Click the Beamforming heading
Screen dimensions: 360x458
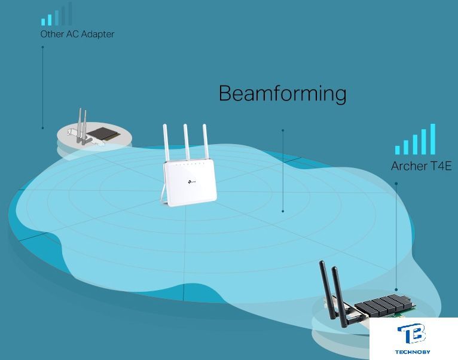282,94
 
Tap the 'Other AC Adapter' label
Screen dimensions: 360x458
77,34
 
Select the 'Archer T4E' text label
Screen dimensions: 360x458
418,166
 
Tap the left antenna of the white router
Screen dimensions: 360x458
167,143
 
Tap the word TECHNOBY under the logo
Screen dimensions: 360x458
413,352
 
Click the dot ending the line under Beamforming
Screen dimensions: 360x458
283,210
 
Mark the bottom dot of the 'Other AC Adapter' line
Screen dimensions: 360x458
42,127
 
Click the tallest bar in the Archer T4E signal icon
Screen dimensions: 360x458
432,139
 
